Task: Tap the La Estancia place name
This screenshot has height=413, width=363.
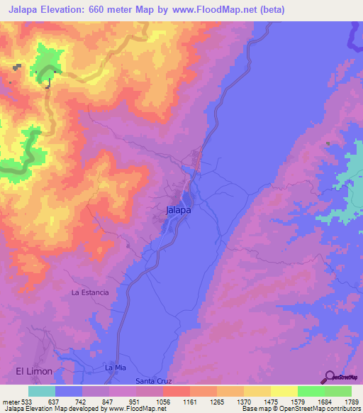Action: tap(90, 292)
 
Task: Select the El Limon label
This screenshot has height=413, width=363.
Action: tap(34, 371)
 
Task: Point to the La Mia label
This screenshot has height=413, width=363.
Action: tap(115, 368)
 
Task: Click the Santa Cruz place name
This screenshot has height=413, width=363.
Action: tap(154, 381)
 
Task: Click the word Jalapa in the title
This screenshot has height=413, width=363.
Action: tap(24, 10)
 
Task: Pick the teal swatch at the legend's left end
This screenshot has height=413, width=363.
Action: tap(42, 392)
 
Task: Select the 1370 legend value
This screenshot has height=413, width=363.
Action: tap(242, 402)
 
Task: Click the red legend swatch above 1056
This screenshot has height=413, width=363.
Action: tap(177, 392)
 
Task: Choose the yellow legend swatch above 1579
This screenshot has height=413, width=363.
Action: tap(284, 392)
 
